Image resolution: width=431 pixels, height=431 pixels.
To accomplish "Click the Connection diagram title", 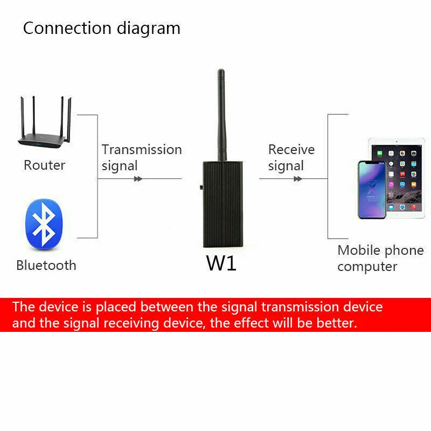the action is (101, 28).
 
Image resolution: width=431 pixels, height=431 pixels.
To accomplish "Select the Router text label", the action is (44, 165).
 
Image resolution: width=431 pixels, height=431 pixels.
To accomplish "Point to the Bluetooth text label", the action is (46, 265).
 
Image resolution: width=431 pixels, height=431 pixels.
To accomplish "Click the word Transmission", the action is (142, 150).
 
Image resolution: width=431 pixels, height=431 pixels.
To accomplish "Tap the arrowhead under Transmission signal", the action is (138, 179).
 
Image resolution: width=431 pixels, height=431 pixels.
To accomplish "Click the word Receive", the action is (291, 150).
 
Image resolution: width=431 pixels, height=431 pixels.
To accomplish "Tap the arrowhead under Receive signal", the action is (297, 179).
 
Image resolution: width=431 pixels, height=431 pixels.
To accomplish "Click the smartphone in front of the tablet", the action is (372, 190).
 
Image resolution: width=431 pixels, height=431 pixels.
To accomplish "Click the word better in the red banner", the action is (336, 323).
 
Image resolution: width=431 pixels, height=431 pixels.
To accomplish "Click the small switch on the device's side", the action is (200, 189).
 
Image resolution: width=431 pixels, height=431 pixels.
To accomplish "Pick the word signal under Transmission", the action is (120, 166).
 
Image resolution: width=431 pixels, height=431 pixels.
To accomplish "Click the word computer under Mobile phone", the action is (367, 267).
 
